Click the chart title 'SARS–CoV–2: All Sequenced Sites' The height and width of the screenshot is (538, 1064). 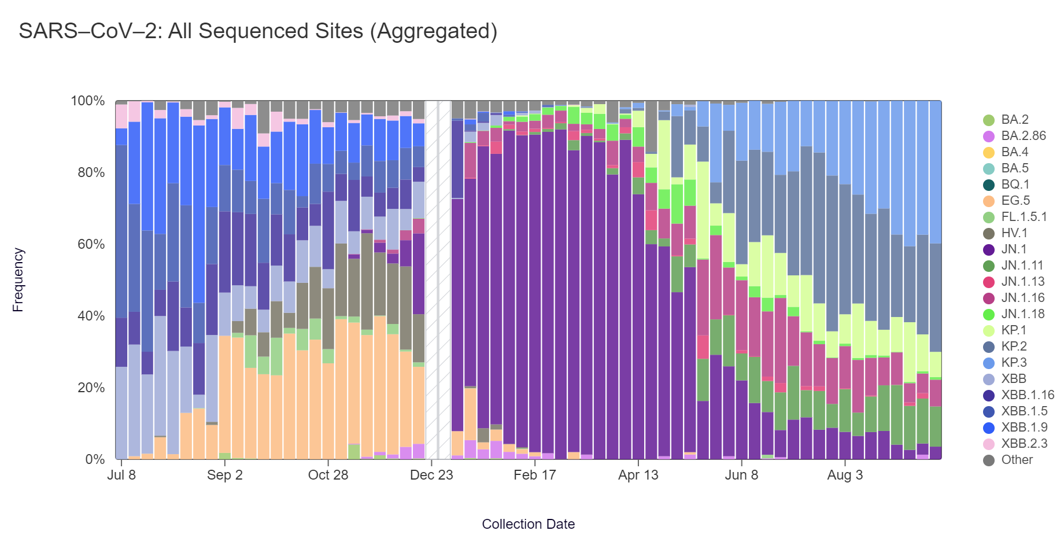pyautogui.click(x=258, y=31)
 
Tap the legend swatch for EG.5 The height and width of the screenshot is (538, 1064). pyautogui.click(x=989, y=201)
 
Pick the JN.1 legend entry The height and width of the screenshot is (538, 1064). pyautogui.click(x=1014, y=249)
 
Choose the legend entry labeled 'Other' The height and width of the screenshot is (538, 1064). pyautogui.click(x=1017, y=460)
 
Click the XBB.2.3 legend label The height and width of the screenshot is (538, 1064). pyautogui.click(x=1024, y=444)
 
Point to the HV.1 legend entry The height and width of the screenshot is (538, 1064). pyautogui.click(x=1014, y=233)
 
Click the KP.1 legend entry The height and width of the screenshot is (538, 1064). pyautogui.click(x=1014, y=330)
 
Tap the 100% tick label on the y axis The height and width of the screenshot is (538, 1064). pyautogui.click(x=88, y=101)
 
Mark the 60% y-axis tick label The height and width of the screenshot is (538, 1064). pyautogui.click(x=91, y=244)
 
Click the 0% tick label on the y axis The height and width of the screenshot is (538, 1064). pyautogui.click(x=95, y=459)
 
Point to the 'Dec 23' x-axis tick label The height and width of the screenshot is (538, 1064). pyautogui.click(x=431, y=475)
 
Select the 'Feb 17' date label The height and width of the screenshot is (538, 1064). pyautogui.click(x=534, y=475)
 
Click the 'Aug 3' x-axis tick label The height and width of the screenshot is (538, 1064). pyautogui.click(x=845, y=475)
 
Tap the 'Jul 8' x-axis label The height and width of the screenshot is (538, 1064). pyautogui.click(x=121, y=475)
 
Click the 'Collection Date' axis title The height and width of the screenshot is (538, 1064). pyautogui.click(x=528, y=524)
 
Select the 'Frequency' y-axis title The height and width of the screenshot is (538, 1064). pyautogui.click(x=18, y=280)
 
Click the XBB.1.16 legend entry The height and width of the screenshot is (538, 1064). pyautogui.click(x=1027, y=395)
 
